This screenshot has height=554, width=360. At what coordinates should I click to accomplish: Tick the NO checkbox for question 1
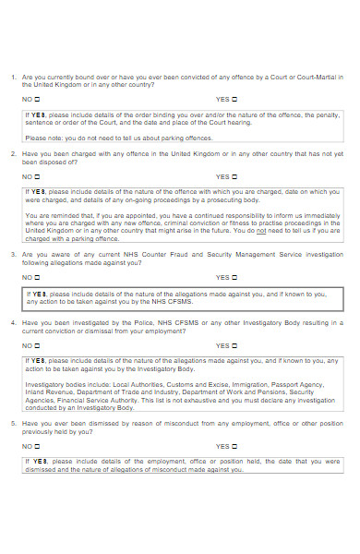(x=39, y=98)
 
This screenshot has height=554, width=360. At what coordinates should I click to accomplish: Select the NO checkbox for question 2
(x=39, y=176)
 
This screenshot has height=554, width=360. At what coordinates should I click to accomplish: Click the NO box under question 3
(x=39, y=276)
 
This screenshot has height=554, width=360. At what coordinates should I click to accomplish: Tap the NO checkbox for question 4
(x=39, y=345)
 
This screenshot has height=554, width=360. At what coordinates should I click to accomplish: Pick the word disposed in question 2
(x=50, y=161)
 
